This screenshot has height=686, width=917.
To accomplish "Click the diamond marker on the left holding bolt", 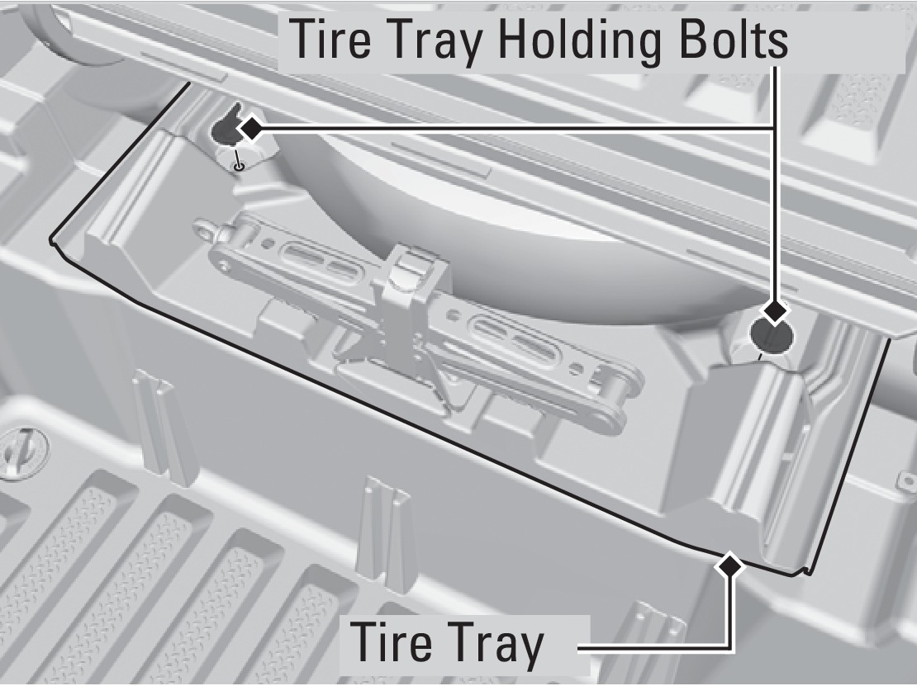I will pos(249,128).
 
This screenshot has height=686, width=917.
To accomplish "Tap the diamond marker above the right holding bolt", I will pos(775,311).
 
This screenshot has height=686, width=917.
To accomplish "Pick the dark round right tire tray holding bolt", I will pos(770,335).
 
